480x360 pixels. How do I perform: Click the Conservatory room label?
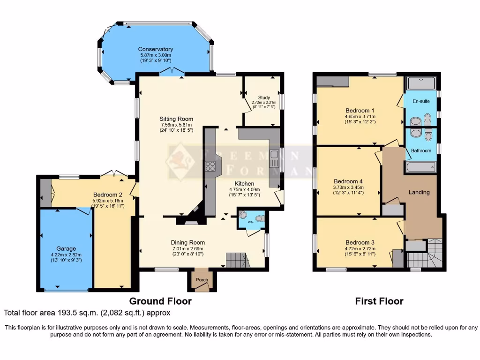(x=155, y=49)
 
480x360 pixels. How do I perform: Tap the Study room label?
(x=264, y=97)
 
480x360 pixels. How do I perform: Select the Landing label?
(x=419, y=192)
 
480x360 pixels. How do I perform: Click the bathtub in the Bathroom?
(x=421, y=167)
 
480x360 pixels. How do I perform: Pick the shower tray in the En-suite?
(x=421, y=83)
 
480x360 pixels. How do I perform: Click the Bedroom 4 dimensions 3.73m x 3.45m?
(x=348, y=187)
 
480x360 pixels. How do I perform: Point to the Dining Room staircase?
(x=235, y=259)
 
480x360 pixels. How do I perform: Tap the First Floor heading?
(x=379, y=301)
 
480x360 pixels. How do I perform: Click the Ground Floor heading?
(x=160, y=301)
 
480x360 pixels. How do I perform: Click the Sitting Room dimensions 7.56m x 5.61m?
(x=176, y=125)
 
